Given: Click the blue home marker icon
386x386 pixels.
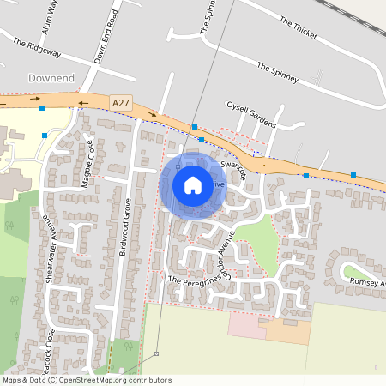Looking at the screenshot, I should [193, 185].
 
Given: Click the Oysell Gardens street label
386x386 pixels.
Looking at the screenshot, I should [250, 113].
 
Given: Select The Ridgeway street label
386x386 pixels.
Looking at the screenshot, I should [38, 45].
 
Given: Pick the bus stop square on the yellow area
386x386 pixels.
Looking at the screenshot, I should [44, 135].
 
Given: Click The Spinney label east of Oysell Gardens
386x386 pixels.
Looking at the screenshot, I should [277, 73].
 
